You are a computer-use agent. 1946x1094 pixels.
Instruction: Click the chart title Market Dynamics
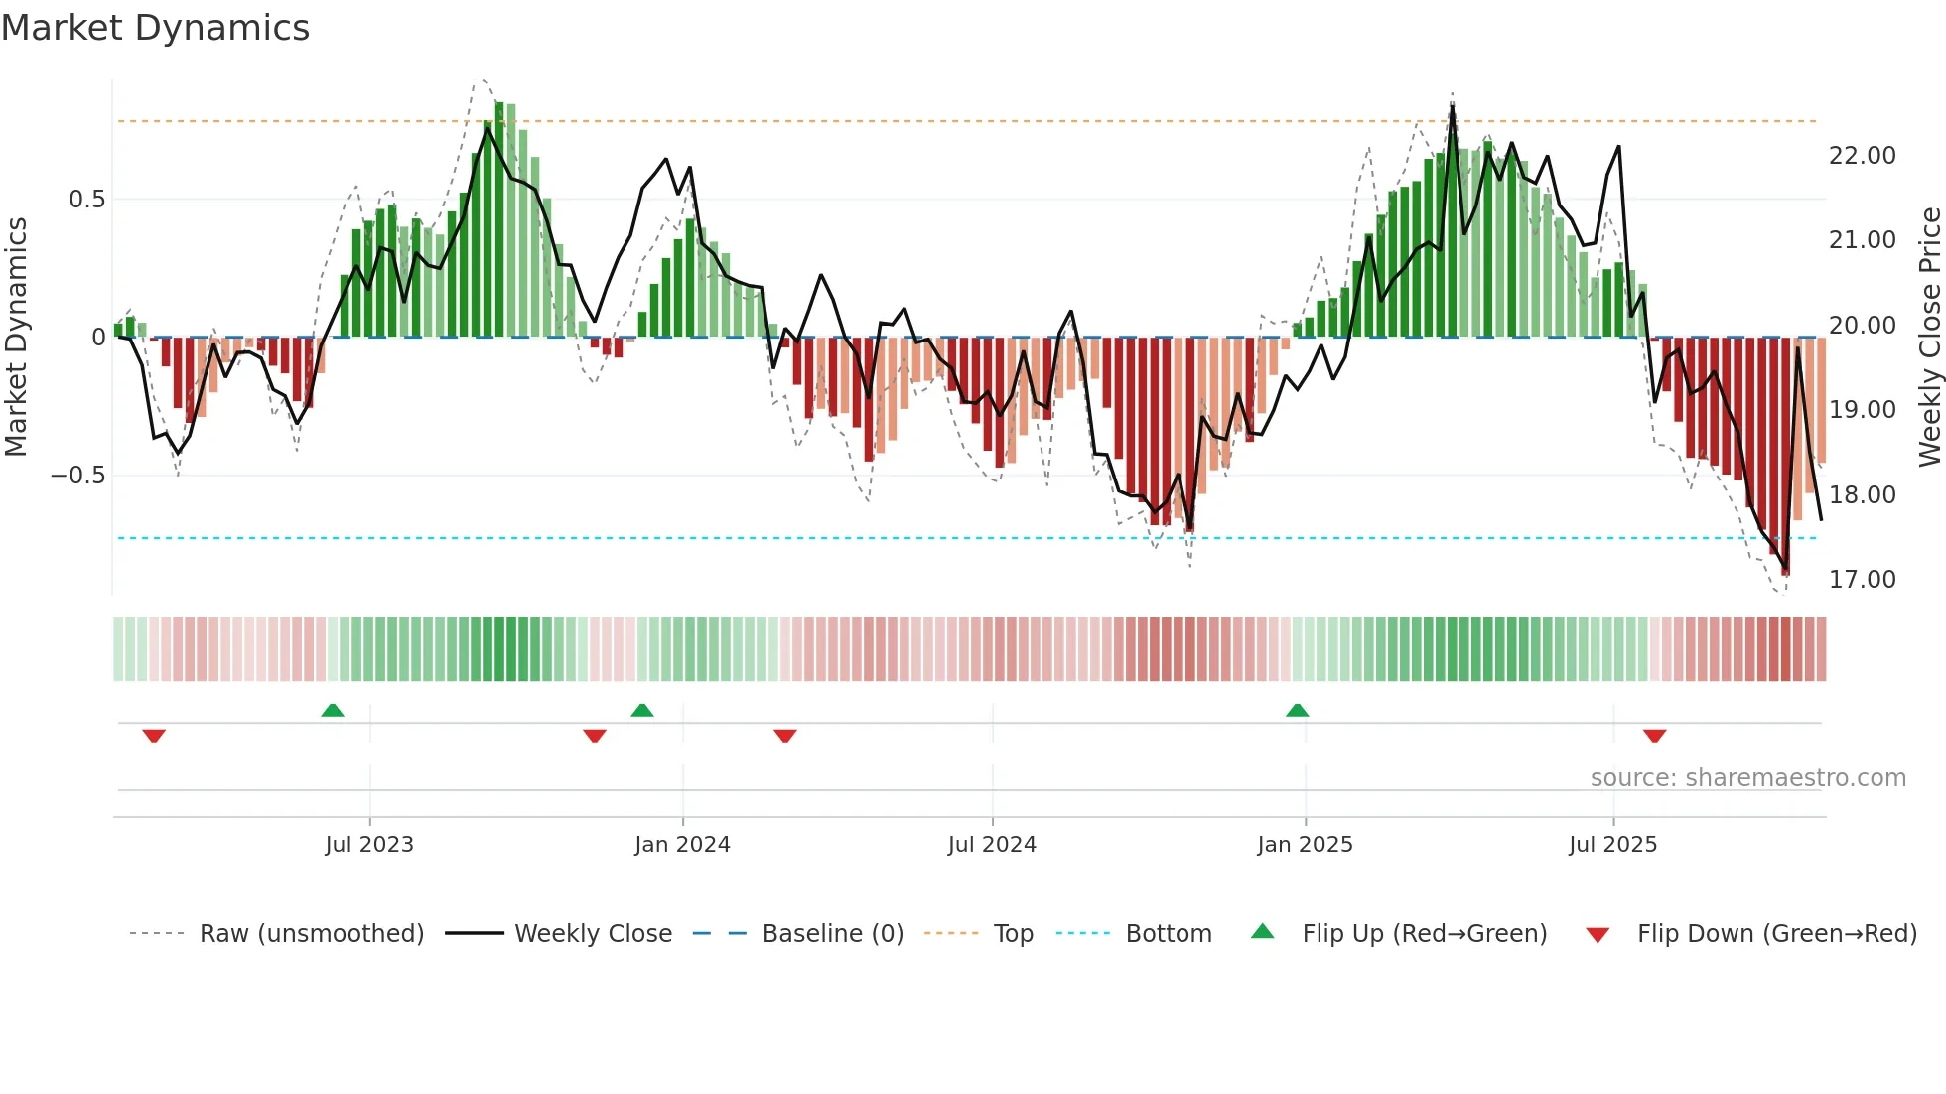(x=155, y=28)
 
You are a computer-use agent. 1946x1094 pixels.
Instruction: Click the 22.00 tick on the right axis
(x=1862, y=156)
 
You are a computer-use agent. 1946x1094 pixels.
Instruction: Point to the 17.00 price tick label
(x=1862, y=580)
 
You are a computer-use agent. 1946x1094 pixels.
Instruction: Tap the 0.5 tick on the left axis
(x=86, y=200)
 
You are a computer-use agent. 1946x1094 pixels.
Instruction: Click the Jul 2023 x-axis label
(x=368, y=845)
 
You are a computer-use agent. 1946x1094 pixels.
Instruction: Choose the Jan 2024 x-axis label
(x=682, y=845)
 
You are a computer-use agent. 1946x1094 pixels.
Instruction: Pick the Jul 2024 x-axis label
(x=991, y=845)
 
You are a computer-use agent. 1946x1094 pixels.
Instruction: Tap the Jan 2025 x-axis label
(x=1304, y=845)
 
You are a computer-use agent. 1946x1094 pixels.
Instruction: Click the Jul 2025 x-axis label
(x=1612, y=845)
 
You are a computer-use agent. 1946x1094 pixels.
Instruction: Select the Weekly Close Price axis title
(x=1929, y=337)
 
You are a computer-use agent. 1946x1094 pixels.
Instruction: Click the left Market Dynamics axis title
(x=16, y=337)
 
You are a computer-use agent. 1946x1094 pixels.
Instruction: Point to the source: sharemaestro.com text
(x=1747, y=778)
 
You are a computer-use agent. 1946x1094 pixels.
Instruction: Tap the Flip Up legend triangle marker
(x=1262, y=932)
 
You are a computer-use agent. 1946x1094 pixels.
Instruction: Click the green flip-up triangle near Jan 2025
(x=1297, y=710)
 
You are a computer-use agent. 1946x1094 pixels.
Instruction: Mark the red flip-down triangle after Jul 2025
(x=1654, y=736)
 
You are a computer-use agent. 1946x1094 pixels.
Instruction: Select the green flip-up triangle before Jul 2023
(x=333, y=710)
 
